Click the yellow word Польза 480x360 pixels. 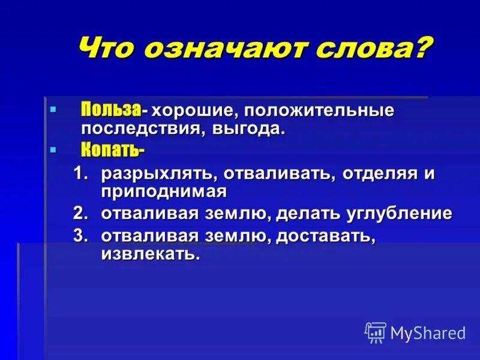pyautogui.click(x=111, y=110)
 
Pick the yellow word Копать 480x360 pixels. pyautogui.click(x=112, y=150)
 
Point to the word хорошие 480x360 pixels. pyautogui.click(x=193, y=111)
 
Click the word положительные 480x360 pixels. pyautogui.click(x=318, y=111)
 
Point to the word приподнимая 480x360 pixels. pyautogui.click(x=163, y=191)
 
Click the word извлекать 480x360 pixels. pyautogui.click(x=149, y=253)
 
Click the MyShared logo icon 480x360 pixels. pyautogui.click(x=376, y=332)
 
